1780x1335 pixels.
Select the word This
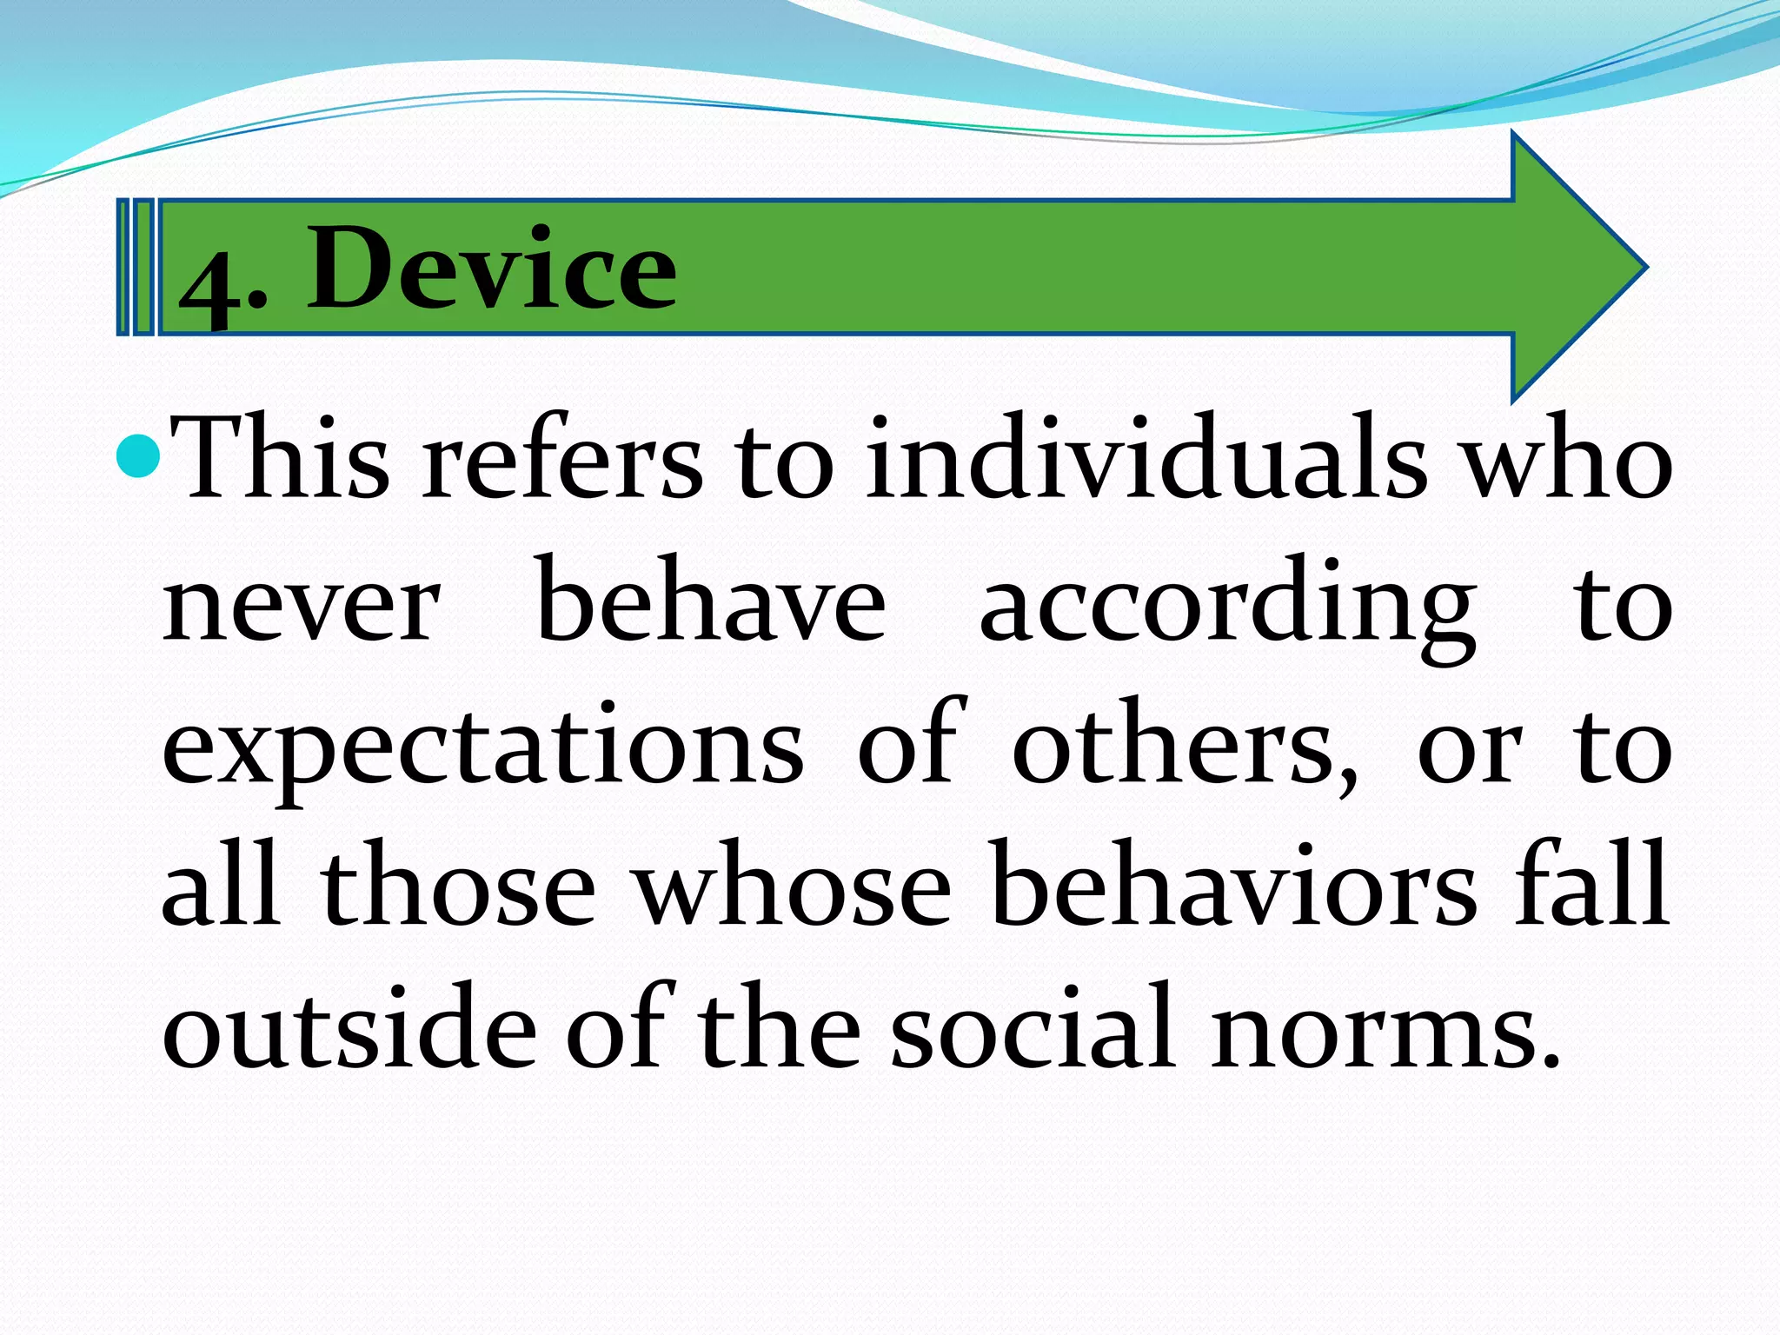[279, 460]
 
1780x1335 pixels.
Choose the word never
[302, 603]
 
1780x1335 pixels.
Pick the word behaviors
[1233, 887]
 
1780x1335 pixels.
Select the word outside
[349, 1028]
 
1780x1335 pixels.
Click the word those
[458, 887]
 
